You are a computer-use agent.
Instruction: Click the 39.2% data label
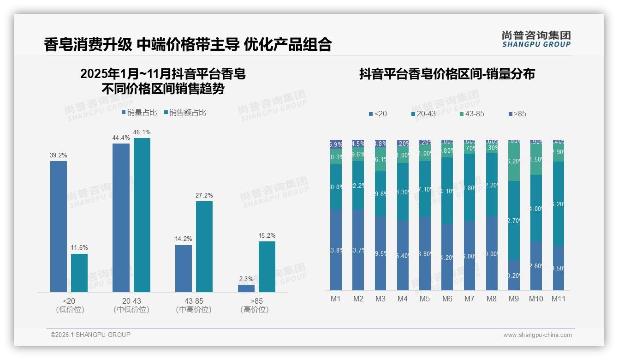[x=59, y=156]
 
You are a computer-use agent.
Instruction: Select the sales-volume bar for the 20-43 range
[x=121, y=217]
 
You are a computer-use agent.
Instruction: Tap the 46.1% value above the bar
[x=142, y=132]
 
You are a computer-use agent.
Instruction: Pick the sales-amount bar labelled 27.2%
[x=204, y=246]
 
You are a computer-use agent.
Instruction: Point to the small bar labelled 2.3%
[x=246, y=288]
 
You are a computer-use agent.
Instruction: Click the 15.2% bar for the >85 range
[x=267, y=266]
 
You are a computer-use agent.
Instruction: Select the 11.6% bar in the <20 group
[x=79, y=273]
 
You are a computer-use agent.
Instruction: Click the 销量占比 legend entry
[x=139, y=113]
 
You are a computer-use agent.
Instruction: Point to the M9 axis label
[x=514, y=299]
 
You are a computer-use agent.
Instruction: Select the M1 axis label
[x=336, y=299]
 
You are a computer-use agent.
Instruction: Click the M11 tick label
[x=559, y=299]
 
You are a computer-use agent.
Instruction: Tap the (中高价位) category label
[x=194, y=310]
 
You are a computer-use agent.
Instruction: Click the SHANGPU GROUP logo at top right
[x=536, y=39]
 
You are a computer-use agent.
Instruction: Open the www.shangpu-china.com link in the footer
[x=537, y=335]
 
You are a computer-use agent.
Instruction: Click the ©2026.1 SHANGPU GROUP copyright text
[x=90, y=335]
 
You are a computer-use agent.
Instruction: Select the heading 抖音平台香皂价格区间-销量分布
[x=447, y=74]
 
